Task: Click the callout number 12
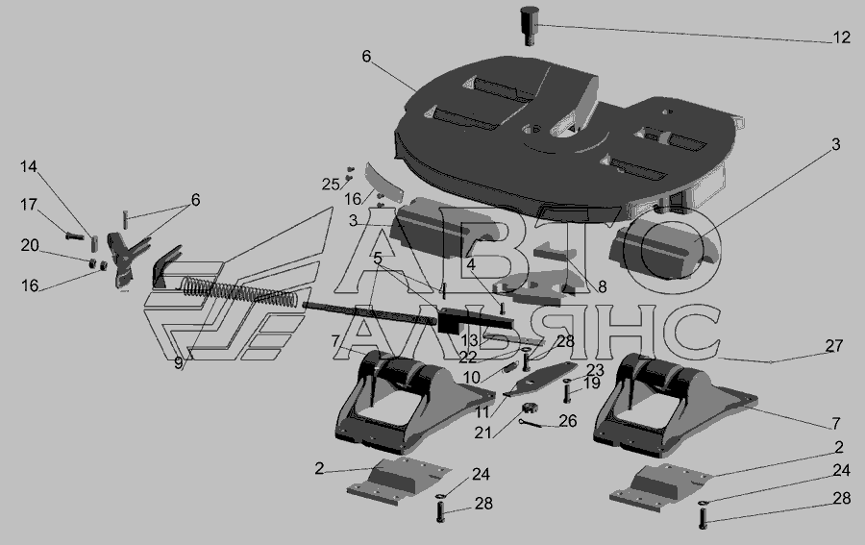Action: [841, 37]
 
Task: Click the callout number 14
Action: [29, 166]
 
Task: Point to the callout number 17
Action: [29, 205]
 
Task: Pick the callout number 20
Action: [30, 245]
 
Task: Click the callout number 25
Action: [331, 185]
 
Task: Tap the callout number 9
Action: [178, 363]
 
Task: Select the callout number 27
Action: [834, 346]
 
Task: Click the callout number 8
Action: [602, 286]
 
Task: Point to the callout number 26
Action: [568, 421]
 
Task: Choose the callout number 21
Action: [482, 434]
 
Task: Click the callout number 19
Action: [591, 383]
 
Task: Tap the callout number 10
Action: [472, 378]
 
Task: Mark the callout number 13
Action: [469, 340]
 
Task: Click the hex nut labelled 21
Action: [531, 409]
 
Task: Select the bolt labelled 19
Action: [567, 392]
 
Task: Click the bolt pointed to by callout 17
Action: [74, 236]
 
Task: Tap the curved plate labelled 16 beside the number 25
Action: [384, 182]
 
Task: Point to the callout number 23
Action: [595, 370]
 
